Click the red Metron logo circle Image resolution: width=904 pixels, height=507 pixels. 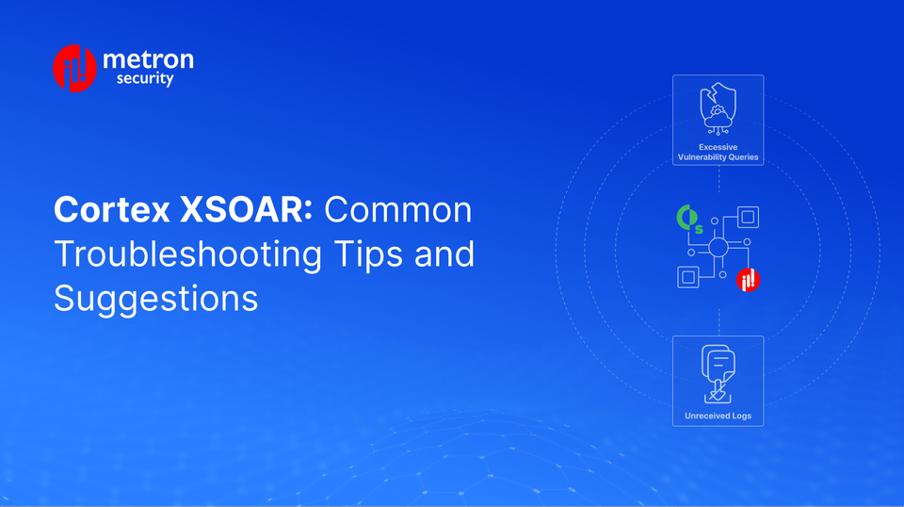[75, 68]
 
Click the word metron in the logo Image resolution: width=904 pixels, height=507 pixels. [148, 60]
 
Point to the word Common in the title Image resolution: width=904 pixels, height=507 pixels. [398, 210]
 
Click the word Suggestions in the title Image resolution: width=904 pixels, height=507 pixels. [155, 298]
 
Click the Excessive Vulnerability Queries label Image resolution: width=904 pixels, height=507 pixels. [718, 153]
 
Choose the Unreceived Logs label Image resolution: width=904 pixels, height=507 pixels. [718, 416]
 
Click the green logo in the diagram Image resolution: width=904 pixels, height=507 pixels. [690, 220]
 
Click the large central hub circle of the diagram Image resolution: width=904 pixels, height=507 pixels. [718, 249]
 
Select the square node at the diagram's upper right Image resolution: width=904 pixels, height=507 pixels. [748, 219]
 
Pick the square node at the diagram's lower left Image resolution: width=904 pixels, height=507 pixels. [688, 277]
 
